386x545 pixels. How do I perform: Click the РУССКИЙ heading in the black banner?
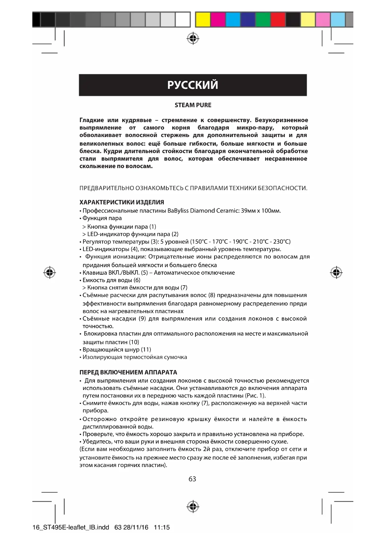click(193, 85)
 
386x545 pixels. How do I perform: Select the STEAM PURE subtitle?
click(193, 105)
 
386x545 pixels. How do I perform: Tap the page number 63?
click(192, 479)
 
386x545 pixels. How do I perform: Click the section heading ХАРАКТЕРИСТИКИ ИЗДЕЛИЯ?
click(122, 202)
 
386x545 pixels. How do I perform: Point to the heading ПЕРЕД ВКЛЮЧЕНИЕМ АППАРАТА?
click(128, 372)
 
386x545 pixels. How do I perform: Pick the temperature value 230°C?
click(282, 241)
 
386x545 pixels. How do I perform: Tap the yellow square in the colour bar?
click(203, 20)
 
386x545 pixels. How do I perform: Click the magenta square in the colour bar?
click(218, 20)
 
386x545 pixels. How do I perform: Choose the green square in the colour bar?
click(263, 20)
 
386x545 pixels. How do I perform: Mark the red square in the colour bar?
click(278, 20)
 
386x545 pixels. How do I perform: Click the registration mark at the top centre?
click(193, 38)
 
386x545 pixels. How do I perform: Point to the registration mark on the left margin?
click(49, 272)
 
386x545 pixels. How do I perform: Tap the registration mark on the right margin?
click(336, 272)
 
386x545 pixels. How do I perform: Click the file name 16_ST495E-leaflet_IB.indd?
click(71, 527)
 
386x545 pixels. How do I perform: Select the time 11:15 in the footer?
click(162, 527)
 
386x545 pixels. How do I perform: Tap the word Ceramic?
click(228, 211)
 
